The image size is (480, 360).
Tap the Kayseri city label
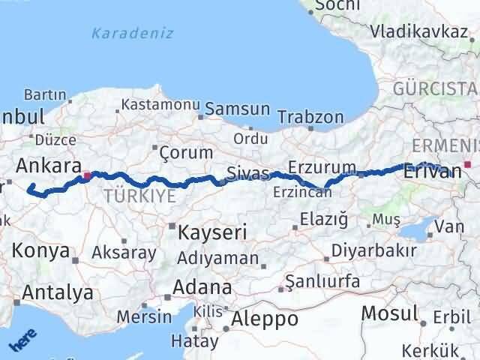[212, 232]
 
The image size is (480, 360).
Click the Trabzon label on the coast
[310, 117]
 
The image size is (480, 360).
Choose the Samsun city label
[237, 109]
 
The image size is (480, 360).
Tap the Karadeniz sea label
[132, 33]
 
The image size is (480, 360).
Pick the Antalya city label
[58, 292]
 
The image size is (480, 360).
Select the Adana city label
[202, 287]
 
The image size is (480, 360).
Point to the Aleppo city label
[264, 319]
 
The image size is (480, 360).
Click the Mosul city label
[389, 312]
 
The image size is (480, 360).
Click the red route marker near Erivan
[467, 164]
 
